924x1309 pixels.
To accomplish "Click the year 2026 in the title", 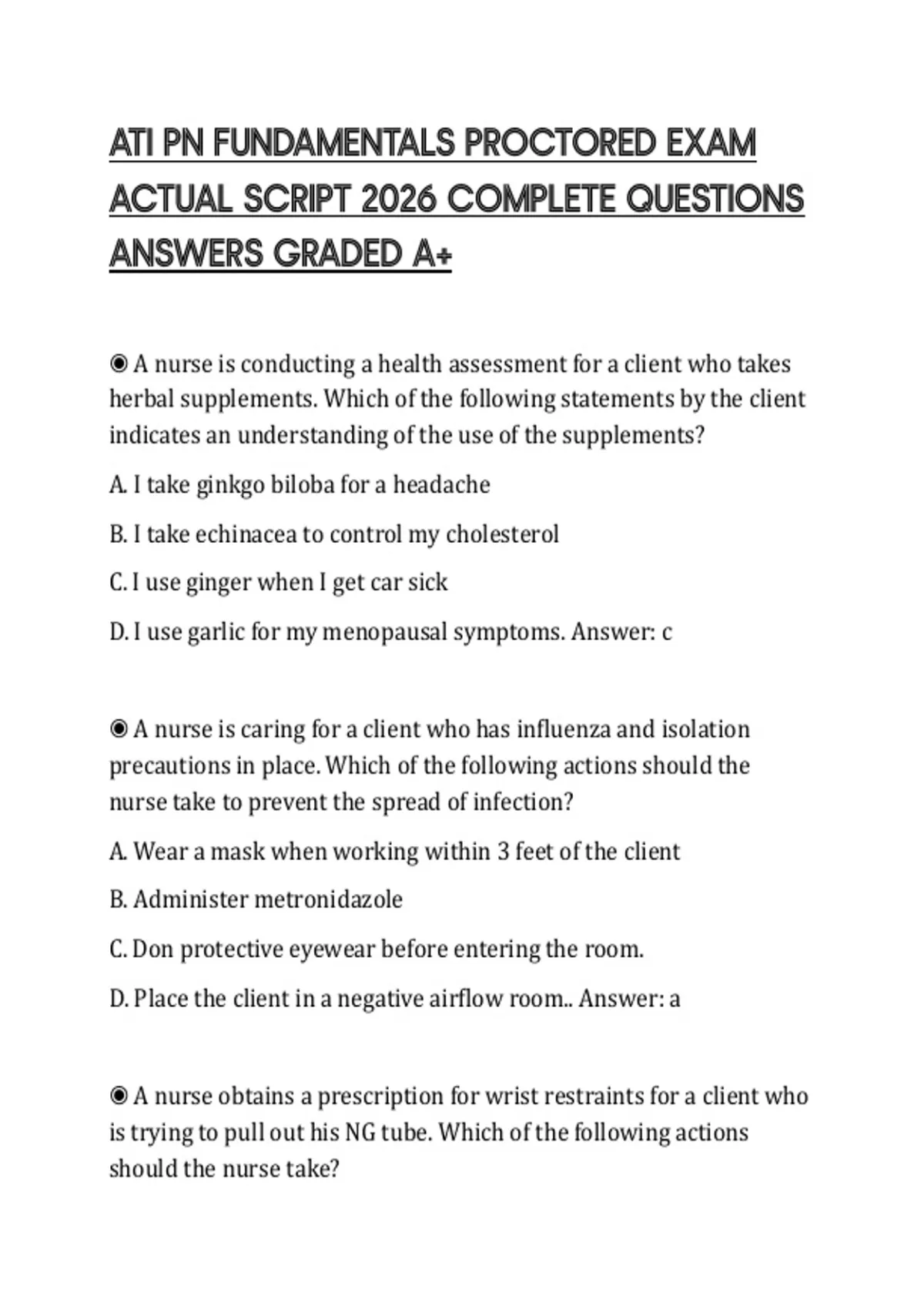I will [399, 199].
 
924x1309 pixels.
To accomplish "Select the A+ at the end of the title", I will [433, 255].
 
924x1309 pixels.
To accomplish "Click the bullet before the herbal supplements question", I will [119, 363].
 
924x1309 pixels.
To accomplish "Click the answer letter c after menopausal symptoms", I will [667, 633].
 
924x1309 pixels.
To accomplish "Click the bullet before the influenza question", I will [119, 728].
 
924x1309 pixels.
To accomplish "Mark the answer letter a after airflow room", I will [675, 999].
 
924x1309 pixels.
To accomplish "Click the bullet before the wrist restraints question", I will [119, 1095].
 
